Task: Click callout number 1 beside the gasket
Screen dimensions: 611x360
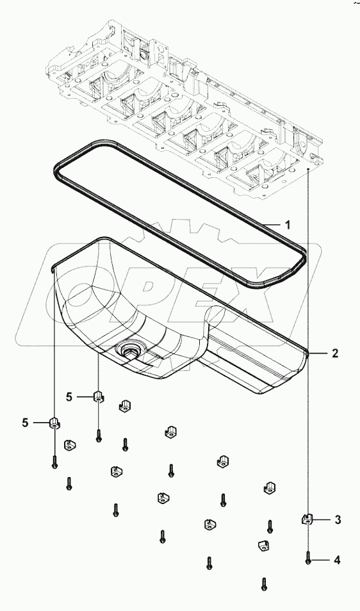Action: tap(288, 225)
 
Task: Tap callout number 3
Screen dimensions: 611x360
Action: tap(338, 520)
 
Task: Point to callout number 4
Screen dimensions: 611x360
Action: tap(337, 560)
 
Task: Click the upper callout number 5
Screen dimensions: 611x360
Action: tap(69, 396)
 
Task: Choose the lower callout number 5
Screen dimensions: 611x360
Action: tap(26, 422)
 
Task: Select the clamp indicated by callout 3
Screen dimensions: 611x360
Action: tap(307, 519)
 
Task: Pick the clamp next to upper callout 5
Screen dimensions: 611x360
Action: tap(99, 397)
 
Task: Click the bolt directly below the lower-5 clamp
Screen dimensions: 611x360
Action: tap(56, 461)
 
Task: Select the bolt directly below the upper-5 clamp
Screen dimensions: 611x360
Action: tap(99, 436)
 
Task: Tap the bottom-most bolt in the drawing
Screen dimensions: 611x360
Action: tap(264, 583)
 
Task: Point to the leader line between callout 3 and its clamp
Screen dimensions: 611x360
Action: tap(322, 520)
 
